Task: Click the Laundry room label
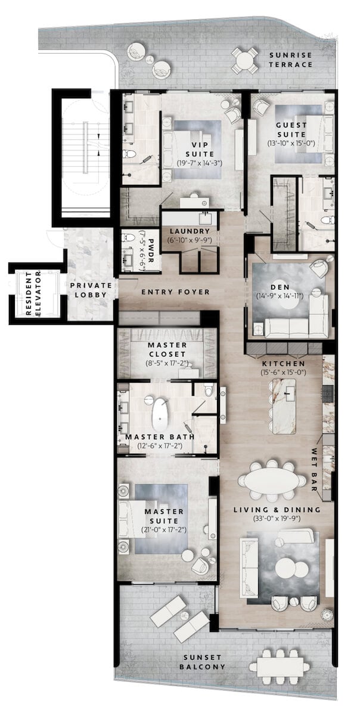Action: [189, 231]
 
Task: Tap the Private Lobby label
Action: [91, 290]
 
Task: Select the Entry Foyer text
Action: [175, 292]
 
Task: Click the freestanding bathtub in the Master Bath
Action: [160, 414]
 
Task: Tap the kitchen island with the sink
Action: [284, 405]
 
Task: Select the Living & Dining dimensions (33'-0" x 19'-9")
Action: [277, 519]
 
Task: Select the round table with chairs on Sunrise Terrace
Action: [244, 59]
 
